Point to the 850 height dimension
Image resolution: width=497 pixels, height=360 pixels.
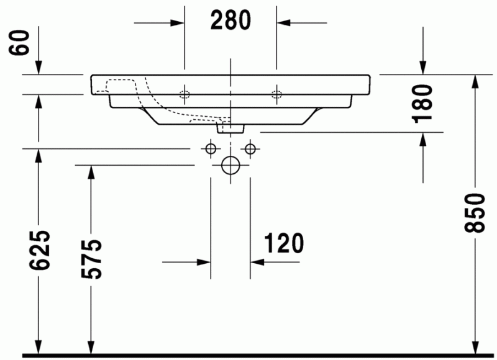coord(475,213)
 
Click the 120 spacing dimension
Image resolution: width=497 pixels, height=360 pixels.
coord(283,244)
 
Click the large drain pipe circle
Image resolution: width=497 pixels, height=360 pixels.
coord(230,165)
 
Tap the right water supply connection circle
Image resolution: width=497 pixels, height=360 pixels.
coord(250,149)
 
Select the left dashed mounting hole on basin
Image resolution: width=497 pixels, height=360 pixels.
coord(184,94)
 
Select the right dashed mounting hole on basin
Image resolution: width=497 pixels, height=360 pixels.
coord(276,94)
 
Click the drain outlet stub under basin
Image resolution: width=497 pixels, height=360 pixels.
coord(230,128)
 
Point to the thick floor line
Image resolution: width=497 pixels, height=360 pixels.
coord(248,356)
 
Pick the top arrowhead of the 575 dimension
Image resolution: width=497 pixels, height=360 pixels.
coord(91,173)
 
